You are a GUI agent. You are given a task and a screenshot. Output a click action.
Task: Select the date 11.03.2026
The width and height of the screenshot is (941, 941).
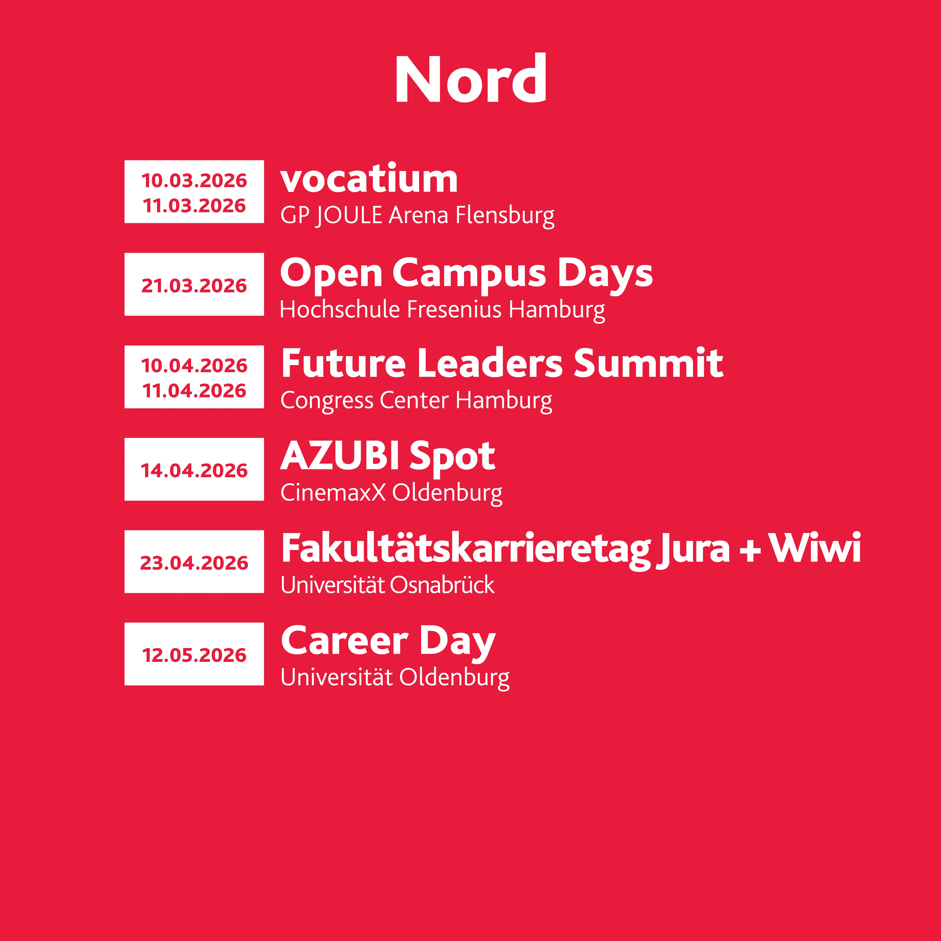click(194, 206)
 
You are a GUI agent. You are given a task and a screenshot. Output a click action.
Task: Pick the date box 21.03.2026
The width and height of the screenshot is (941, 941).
click(194, 284)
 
